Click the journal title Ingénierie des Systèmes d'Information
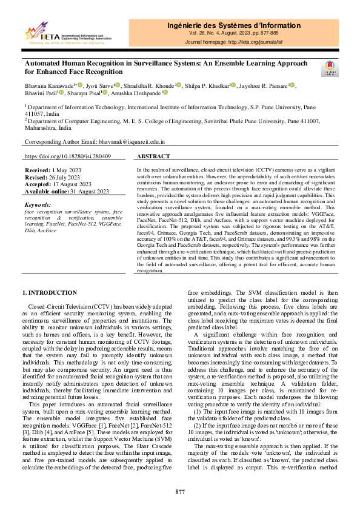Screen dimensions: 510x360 (233, 25)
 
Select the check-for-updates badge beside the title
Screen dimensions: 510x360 (331, 69)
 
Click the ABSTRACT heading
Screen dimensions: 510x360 (154, 156)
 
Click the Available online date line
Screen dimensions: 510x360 (67, 191)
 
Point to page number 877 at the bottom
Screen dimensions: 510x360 (180, 491)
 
